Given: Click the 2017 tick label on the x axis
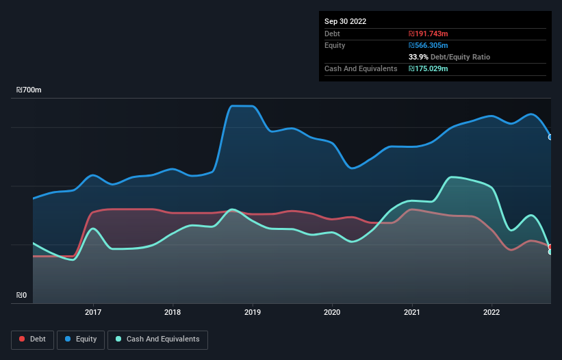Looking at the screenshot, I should point(93,312).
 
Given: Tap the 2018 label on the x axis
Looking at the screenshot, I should point(173,312).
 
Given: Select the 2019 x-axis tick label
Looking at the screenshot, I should point(253,312).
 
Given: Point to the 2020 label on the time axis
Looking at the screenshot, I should point(332,312).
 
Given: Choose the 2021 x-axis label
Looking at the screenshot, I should point(412,312).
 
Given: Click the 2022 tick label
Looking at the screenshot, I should point(491,312).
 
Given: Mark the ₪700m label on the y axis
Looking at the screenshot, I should point(29,90).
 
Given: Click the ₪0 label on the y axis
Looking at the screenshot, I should point(22,296).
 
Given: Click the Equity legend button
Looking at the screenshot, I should point(81,339).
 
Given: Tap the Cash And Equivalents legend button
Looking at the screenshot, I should point(157,339).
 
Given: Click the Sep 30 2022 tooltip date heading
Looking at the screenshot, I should point(345,21).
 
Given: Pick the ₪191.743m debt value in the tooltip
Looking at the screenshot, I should point(428,34).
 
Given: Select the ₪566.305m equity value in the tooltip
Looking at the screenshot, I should point(429,45).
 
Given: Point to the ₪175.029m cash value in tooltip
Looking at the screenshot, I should point(429,68).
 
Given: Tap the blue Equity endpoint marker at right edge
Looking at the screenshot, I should point(550,137).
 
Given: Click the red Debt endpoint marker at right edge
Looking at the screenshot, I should point(550,246).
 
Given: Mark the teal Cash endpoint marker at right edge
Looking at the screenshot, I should point(550,252).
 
